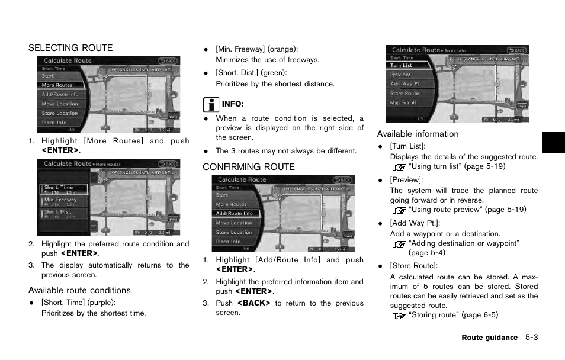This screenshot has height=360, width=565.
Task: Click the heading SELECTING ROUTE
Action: click(x=70, y=48)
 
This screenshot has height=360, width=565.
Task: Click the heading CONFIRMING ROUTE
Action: click(x=248, y=167)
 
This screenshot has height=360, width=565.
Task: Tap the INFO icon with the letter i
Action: click(x=210, y=104)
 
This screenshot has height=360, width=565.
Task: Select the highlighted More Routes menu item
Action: click(x=57, y=85)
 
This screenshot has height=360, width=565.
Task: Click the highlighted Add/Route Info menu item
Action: click(x=235, y=214)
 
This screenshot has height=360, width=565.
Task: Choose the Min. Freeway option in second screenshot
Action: click(x=60, y=200)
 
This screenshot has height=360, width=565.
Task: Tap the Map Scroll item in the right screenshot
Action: click(x=403, y=102)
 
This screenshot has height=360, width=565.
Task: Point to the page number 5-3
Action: click(x=531, y=337)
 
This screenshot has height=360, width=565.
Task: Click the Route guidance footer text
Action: click(x=489, y=337)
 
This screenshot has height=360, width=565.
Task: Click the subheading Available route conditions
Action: click(x=79, y=290)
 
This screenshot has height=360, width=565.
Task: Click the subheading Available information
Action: click(x=418, y=134)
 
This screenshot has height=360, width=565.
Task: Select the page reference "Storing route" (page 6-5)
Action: click(x=452, y=315)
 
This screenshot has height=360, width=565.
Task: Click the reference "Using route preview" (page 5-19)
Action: click(x=467, y=210)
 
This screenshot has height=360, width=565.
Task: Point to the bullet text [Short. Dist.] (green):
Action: click(x=251, y=73)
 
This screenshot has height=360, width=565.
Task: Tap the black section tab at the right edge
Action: click(x=553, y=143)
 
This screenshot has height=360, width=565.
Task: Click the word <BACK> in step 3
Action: click(x=253, y=303)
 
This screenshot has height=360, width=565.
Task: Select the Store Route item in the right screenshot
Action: click(x=405, y=94)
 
